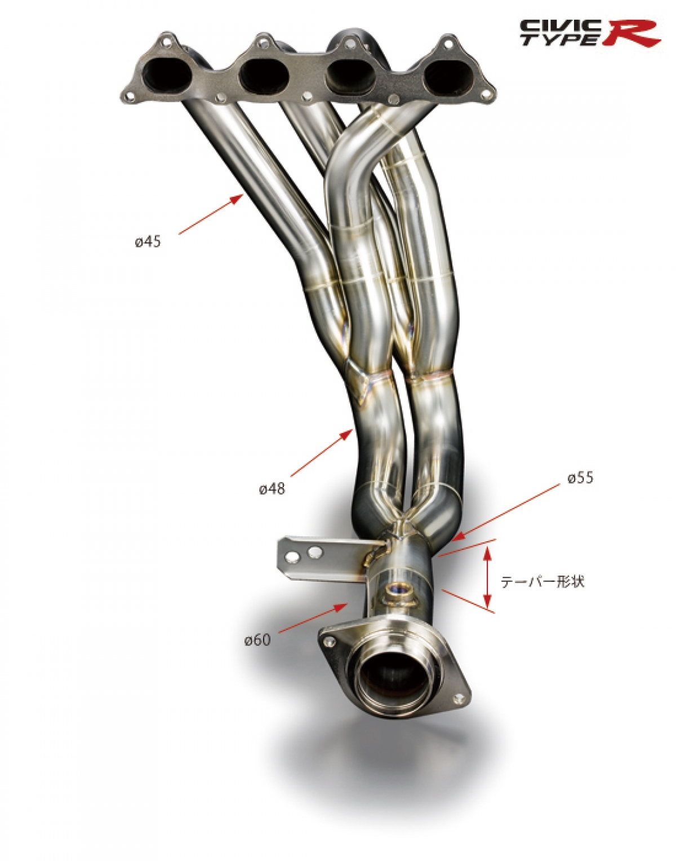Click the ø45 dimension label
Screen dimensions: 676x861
148,241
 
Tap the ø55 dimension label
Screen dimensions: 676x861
581,478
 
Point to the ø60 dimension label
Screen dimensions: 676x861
257,639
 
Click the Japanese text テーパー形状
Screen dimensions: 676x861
542,582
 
